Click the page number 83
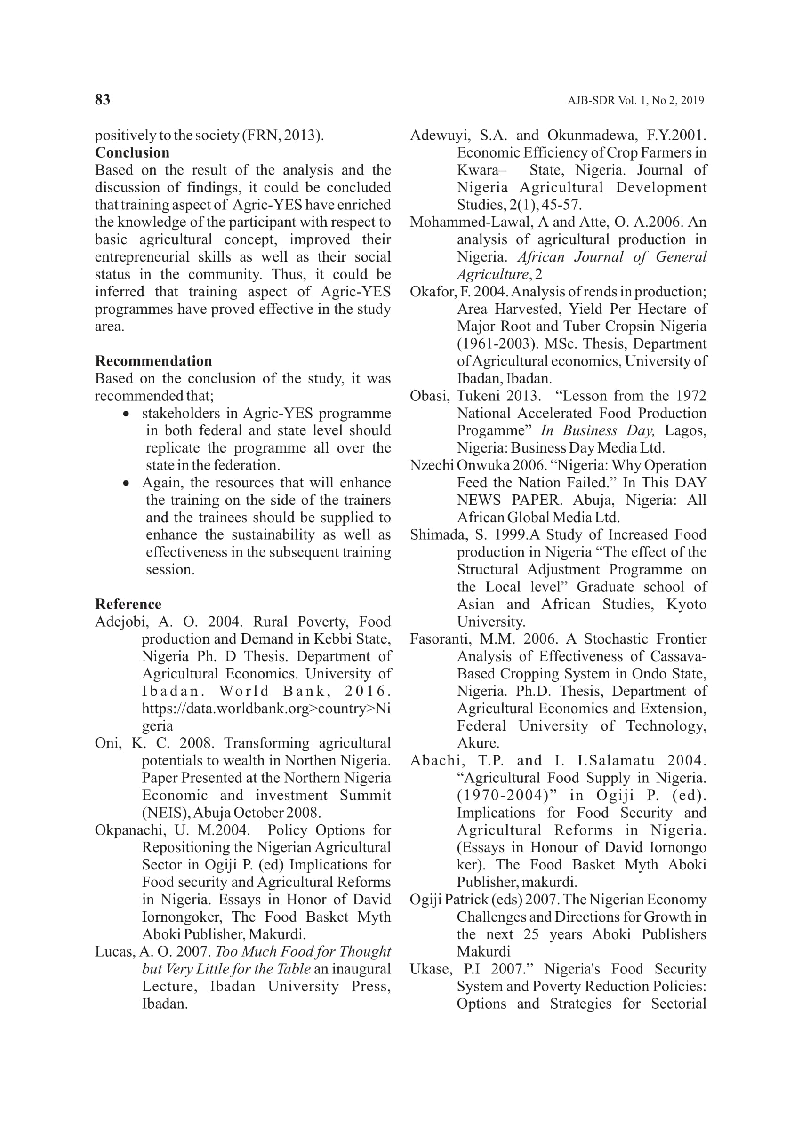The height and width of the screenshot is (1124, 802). click(x=103, y=100)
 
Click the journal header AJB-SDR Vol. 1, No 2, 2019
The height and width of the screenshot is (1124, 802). click(x=635, y=101)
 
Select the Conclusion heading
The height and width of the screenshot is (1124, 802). click(x=132, y=152)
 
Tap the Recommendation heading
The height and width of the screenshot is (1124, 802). click(x=153, y=361)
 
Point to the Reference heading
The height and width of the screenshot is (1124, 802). click(x=128, y=604)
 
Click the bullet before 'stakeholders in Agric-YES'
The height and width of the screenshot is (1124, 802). click(x=127, y=414)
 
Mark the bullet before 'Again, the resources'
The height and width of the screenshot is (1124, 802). click(x=127, y=483)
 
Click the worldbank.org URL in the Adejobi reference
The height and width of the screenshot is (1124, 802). click(x=266, y=709)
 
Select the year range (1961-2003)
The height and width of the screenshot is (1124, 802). click(x=495, y=343)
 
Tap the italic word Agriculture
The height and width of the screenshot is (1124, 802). click(x=492, y=274)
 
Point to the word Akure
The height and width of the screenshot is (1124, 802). click(x=478, y=743)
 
